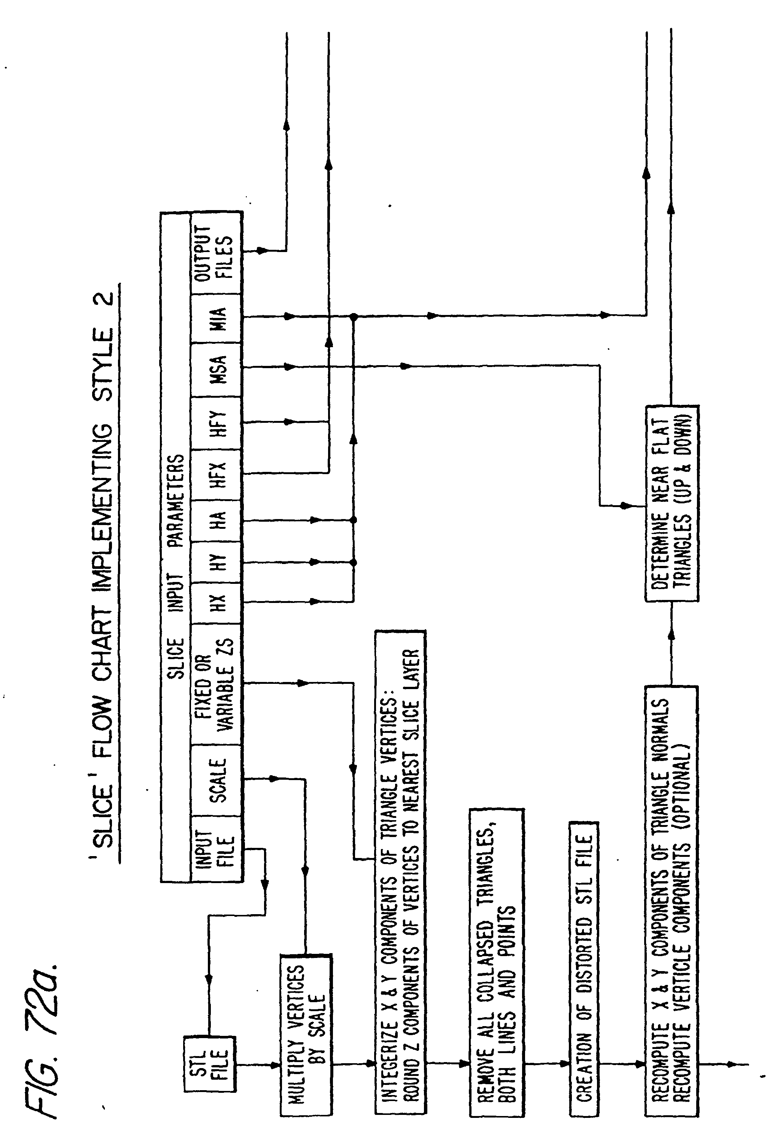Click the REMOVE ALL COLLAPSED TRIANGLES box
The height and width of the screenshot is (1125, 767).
pyautogui.click(x=496, y=963)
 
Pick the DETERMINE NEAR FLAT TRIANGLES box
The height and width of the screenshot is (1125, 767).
pyautogui.click(x=671, y=503)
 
